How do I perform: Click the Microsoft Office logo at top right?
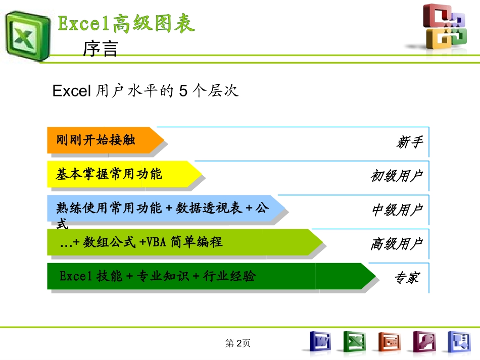(x=445, y=28)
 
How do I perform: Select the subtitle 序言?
(x=100, y=49)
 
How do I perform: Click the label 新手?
(x=409, y=142)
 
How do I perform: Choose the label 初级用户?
(x=396, y=176)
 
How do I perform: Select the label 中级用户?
(x=397, y=210)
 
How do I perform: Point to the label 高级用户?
(x=396, y=244)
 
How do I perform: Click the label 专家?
(x=406, y=278)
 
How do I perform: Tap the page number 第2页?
(x=238, y=343)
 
